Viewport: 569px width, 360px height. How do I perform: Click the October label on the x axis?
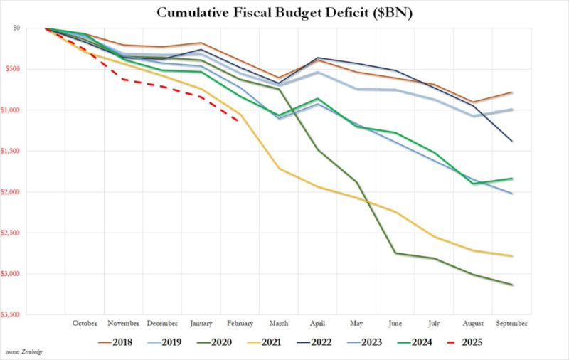click(85, 323)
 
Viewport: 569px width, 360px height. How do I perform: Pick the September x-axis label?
click(511, 323)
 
